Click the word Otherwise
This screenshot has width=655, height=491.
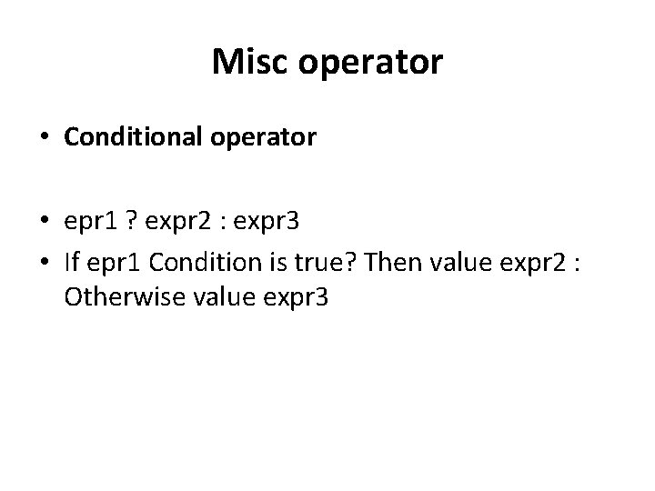click(116, 297)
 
